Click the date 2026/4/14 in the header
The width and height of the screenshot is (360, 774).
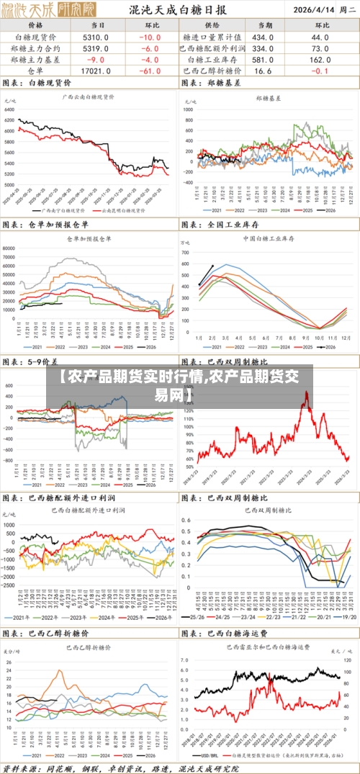click(312, 11)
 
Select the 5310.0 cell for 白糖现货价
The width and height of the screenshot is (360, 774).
click(96, 37)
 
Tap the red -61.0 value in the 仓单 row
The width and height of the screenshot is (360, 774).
click(152, 71)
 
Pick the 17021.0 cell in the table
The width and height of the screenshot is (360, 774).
click(96, 71)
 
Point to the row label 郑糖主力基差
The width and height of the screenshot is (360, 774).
click(35, 60)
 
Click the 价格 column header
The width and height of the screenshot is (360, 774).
click(35, 25)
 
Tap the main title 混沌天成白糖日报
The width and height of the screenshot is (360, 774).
click(177, 10)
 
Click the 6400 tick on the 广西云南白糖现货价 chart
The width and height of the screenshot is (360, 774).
click(9, 108)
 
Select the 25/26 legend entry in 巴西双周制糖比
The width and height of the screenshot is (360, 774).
click(196, 618)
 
